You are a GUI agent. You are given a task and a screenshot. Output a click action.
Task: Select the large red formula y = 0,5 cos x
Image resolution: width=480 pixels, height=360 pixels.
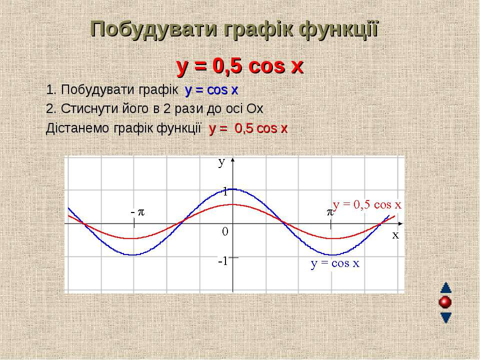[x=240, y=66]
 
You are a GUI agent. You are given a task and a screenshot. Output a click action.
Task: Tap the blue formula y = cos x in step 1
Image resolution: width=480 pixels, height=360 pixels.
[x=211, y=90]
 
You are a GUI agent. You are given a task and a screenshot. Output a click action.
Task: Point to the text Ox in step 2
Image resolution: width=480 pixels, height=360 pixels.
[x=255, y=108]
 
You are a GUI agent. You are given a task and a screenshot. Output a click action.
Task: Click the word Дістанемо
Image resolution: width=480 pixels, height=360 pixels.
[x=77, y=128]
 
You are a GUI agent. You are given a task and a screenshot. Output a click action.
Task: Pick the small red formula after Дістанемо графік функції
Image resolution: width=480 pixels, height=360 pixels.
[x=248, y=129]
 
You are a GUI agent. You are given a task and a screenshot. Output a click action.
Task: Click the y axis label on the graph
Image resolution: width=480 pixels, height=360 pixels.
[x=222, y=163]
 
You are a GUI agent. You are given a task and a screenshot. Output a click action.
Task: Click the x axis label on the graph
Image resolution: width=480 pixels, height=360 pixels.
[x=396, y=235]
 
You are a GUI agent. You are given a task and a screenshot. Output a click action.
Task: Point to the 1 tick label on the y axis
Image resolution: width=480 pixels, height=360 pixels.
[x=225, y=192]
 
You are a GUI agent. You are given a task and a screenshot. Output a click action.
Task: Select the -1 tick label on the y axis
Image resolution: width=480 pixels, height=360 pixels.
[x=223, y=261]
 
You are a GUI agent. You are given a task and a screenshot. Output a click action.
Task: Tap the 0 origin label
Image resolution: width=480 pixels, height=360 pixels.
[x=225, y=231]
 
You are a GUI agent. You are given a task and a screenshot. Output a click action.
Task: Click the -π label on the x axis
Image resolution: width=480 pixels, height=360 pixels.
[x=137, y=212]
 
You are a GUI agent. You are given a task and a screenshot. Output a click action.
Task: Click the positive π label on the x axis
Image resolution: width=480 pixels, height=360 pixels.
[x=329, y=212]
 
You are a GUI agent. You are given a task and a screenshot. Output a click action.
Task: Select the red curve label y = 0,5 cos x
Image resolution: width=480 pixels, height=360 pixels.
[x=367, y=204]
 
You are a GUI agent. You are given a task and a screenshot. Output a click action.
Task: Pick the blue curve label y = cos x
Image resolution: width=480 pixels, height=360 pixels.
[x=335, y=263]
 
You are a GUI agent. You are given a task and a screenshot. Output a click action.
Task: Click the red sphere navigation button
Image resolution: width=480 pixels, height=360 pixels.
[x=445, y=302]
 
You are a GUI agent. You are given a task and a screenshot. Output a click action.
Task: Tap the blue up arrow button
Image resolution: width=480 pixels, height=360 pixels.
[x=445, y=288]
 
